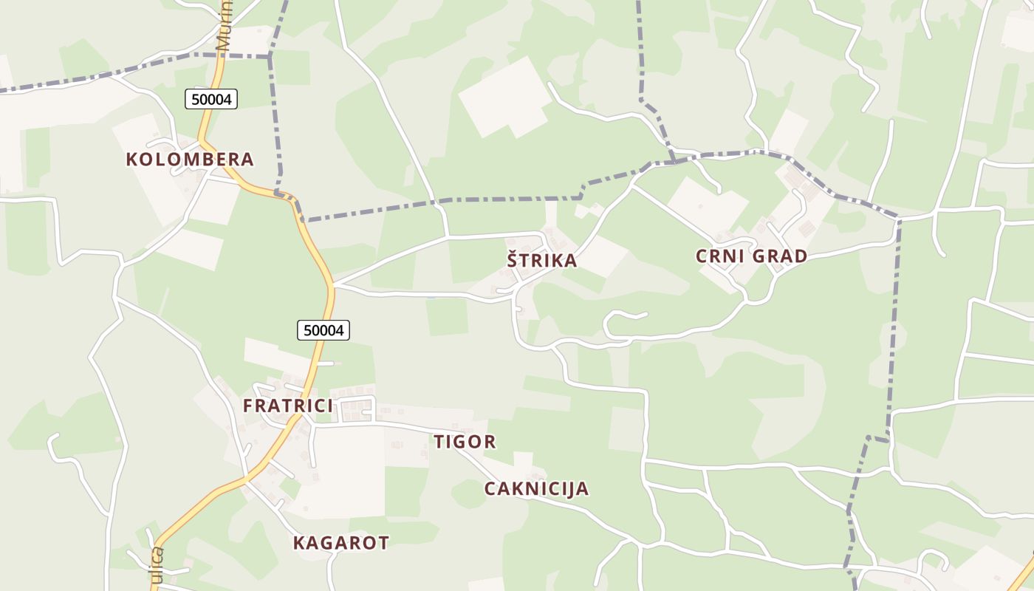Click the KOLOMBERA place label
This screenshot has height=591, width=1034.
pyautogui.click(x=190, y=159)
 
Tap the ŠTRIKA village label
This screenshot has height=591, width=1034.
pyautogui.click(x=541, y=260)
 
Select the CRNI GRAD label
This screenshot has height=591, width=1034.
pyautogui.click(x=751, y=256)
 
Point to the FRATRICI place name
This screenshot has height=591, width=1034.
pyautogui.click(x=288, y=406)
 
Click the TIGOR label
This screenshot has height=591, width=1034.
pyautogui.click(x=465, y=442)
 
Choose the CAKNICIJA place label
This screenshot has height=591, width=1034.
pyautogui.click(x=536, y=488)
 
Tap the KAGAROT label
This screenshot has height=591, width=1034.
pyautogui.click(x=340, y=543)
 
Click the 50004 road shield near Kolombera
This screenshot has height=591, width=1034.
pyautogui.click(x=211, y=99)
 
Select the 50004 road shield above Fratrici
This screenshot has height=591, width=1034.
pyautogui.click(x=323, y=330)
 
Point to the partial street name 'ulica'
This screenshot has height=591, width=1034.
pyautogui.click(x=157, y=566)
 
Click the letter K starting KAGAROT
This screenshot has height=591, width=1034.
pyautogui.click(x=299, y=543)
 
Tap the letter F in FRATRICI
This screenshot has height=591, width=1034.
pyautogui.click(x=248, y=406)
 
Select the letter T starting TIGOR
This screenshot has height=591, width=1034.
pyautogui.click(x=439, y=442)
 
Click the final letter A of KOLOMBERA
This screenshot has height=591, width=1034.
pyautogui.click(x=247, y=159)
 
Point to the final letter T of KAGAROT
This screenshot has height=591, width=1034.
pyautogui.click(x=383, y=543)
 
